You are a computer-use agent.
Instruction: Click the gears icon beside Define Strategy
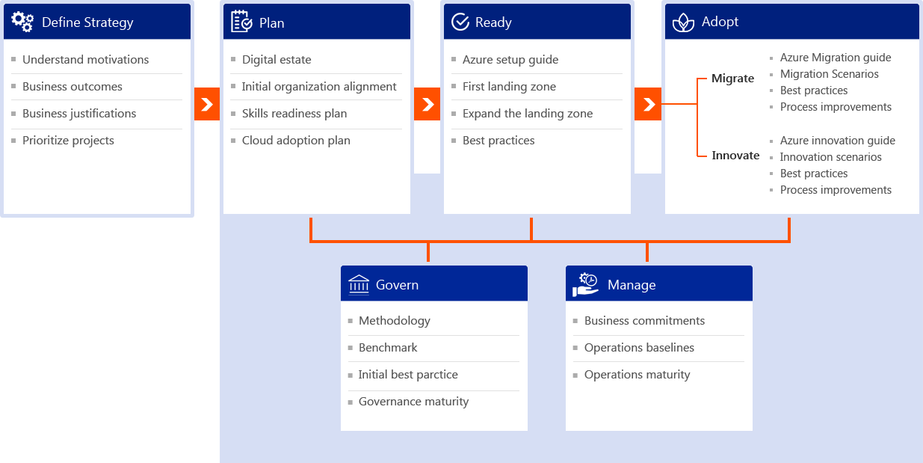tap(22, 22)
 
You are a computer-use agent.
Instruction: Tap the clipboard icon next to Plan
tap(241, 22)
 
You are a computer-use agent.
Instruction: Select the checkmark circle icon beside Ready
tap(460, 22)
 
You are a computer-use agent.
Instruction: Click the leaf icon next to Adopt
tap(683, 22)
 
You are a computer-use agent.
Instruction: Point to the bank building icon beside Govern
tap(359, 284)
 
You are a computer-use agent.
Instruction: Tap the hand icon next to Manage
tap(585, 284)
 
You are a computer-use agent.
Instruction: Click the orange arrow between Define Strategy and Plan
tap(207, 104)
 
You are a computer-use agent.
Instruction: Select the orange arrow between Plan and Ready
tap(427, 104)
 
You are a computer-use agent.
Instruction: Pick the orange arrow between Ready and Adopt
tap(648, 104)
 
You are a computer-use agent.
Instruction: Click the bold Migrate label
tap(732, 79)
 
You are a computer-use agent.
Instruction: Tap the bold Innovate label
tap(735, 156)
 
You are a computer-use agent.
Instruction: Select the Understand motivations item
tap(85, 59)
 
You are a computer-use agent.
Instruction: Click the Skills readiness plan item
tap(294, 114)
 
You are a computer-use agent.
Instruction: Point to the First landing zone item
tap(509, 87)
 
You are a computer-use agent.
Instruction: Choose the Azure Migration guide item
tap(836, 58)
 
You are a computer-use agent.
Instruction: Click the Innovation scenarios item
tap(830, 157)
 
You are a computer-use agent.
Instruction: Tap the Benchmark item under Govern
tap(388, 348)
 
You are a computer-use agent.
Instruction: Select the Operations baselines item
tap(639, 348)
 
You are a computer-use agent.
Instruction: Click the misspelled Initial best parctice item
tap(408, 374)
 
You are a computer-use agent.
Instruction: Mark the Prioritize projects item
tap(68, 141)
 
